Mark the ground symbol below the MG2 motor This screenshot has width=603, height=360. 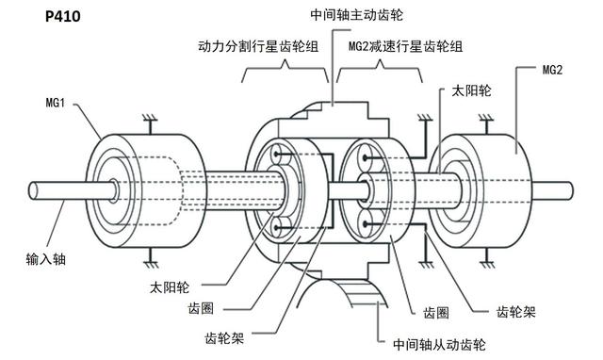486,254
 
